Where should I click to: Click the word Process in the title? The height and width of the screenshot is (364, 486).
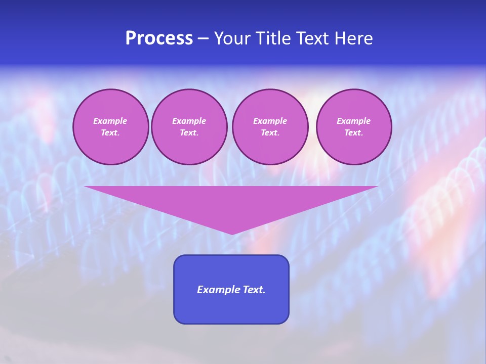pyautogui.click(x=159, y=38)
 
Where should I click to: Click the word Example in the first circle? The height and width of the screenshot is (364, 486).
pyautogui.click(x=110, y=121)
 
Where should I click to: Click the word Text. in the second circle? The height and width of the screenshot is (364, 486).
pyautogui.click(x=189, y=132)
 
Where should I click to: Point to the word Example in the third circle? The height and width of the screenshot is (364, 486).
pyautogui.click(x=270, y=121)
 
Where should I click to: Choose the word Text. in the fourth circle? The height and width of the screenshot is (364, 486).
pyautogui.click(x=353, y=132)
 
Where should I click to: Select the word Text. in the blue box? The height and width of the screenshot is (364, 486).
pyautogui.click(x=254, y=290)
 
